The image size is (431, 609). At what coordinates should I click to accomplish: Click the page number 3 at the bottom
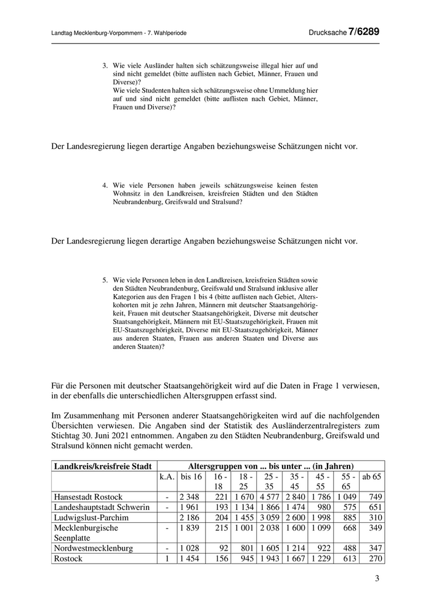[x=377, y=579]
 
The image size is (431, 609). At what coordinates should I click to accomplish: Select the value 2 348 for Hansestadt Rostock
[x=191, y=497]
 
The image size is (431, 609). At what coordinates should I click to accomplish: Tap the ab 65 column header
[x=371, y=477]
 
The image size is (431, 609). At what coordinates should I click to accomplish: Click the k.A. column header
[x=167, y=477]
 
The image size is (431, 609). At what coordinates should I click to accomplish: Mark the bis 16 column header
[x=191, y=477]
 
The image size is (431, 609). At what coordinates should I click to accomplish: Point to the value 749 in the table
[x=375, y=497]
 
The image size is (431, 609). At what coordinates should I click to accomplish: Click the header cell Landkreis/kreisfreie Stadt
[x=104, y=466]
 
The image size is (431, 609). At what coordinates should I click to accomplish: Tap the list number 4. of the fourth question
[x=105, y=184]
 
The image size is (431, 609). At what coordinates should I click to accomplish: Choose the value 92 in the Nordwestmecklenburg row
[x=224, y=548]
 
